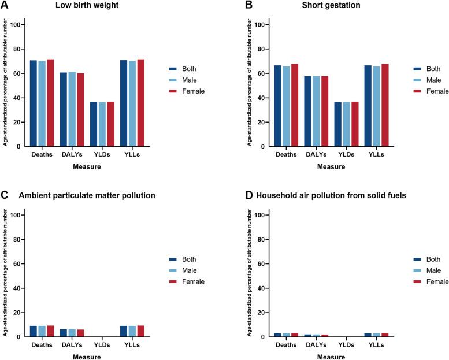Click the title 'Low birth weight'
(x=84, y=6)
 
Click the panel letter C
(x=5, y=196)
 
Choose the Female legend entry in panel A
(x=188, y=91)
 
